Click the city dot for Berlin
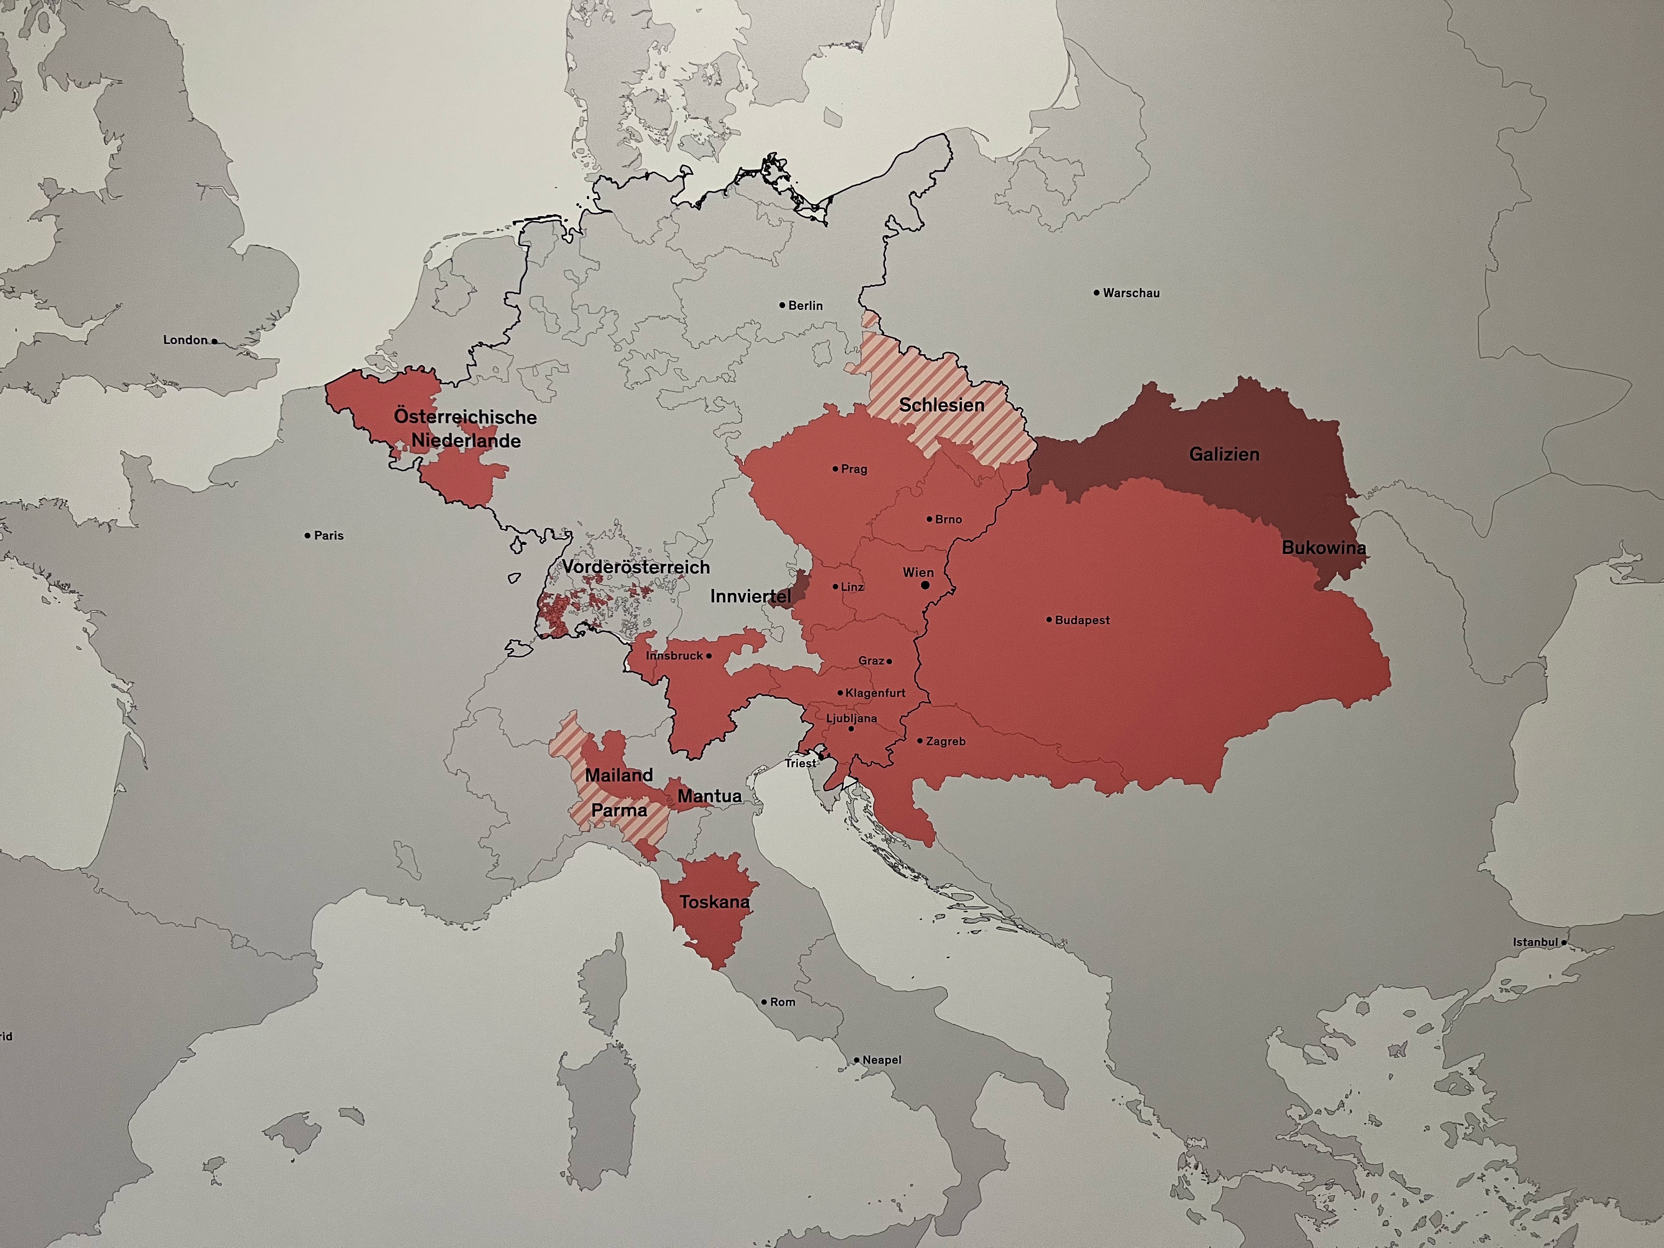click(x=782, y=305)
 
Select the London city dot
click(x=214, y=341)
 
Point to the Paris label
click(x=329, y=536)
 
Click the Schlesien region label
click(x=942, y=405)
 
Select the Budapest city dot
click(x=1049, y=620)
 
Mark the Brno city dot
click(x=930, y=519)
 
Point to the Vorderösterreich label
click(x=636, y=567)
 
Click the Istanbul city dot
click(x=1564, y=942)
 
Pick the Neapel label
click(x=882, y=1060)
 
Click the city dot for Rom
click(x=763, y=1002)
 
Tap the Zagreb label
click(x=945, y=741)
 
